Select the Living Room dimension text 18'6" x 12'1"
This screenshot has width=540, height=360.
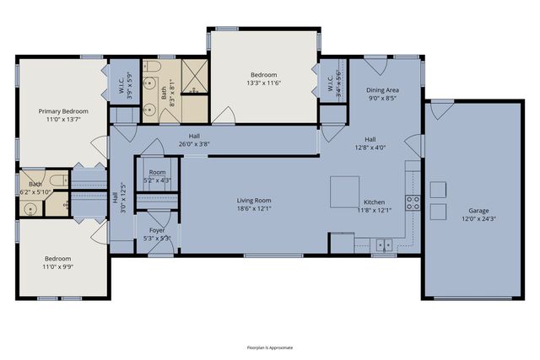point(253,209)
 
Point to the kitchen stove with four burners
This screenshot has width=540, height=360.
point(413,202)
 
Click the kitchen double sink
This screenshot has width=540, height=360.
point(384,245)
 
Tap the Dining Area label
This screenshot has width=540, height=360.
point(382,89)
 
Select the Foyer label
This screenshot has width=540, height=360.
point(157,230)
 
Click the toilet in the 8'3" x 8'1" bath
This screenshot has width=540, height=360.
point(150,68)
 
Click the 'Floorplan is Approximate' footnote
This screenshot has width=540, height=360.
point(270,347)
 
